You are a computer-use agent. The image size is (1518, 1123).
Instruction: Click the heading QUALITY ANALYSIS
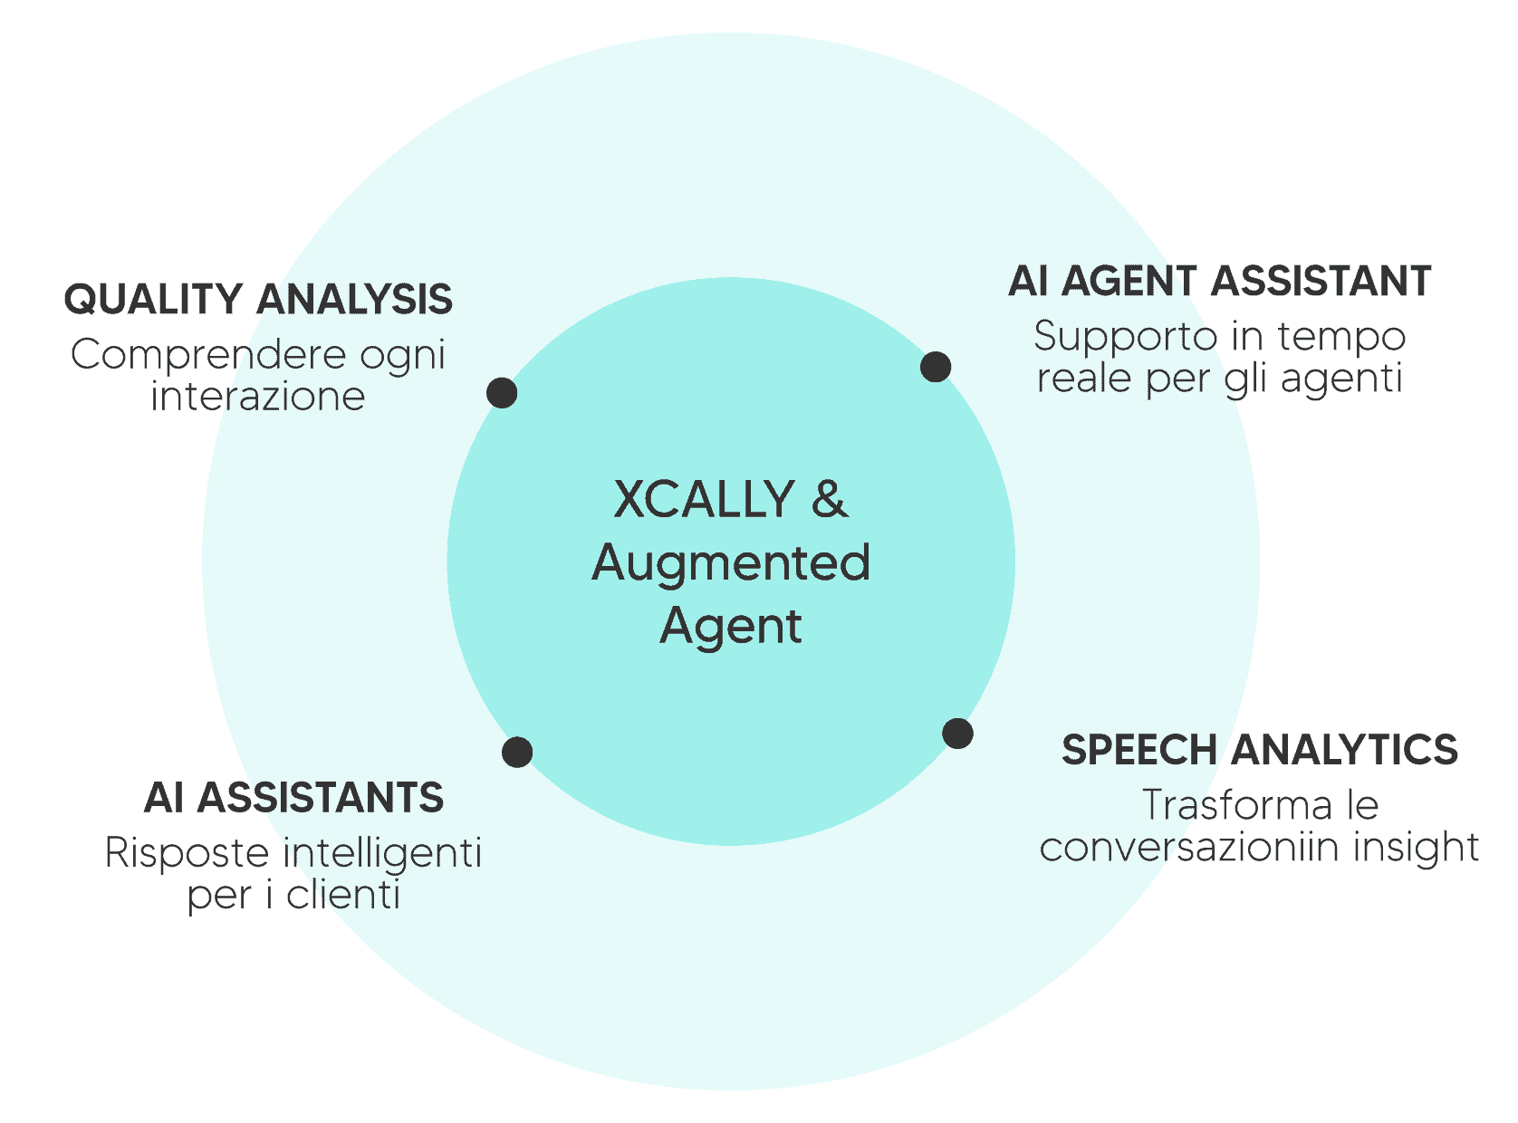pyautogui.click(x=258, y=300)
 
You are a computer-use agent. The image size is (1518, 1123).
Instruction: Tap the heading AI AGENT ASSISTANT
pyautogui.click(x=1220, y=282)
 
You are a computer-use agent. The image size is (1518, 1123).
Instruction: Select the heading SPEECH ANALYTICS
pyautogui.click(x=1260, y=750)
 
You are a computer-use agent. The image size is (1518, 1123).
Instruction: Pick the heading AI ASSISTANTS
pyautogui.click(x=293, y=798)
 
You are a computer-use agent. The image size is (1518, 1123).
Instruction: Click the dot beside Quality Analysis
pyautogui.click(x=502, y=393)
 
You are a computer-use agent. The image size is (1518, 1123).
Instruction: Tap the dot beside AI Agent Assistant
pyautogui.click(x=936, y=367)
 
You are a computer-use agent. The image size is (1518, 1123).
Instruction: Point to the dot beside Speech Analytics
pyautogui.click(x=957, y=734)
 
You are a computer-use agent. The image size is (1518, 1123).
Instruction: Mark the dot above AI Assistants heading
pyautogui.click(x=517, y=752)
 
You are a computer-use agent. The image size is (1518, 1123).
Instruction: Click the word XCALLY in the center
pyautogui.click(x=704, y=499)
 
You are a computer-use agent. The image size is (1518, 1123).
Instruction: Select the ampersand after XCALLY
pyautogui.click(x=830, y=499)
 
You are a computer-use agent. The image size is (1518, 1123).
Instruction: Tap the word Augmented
pyautogui.click(x=731, y=562)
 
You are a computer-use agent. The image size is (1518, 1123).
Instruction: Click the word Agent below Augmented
pyautogui.click(x=731, y=626)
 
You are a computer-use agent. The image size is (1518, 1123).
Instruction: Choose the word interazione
pyautogui.click(x=258, y=397)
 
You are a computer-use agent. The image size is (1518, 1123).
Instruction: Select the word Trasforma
pyautogui.click(x=1236, y=805)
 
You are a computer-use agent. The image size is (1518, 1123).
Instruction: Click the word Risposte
pyautogui.click(x=187, y=853)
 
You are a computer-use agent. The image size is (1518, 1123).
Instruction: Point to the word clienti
pyautogui.click(x=343, y=896)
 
